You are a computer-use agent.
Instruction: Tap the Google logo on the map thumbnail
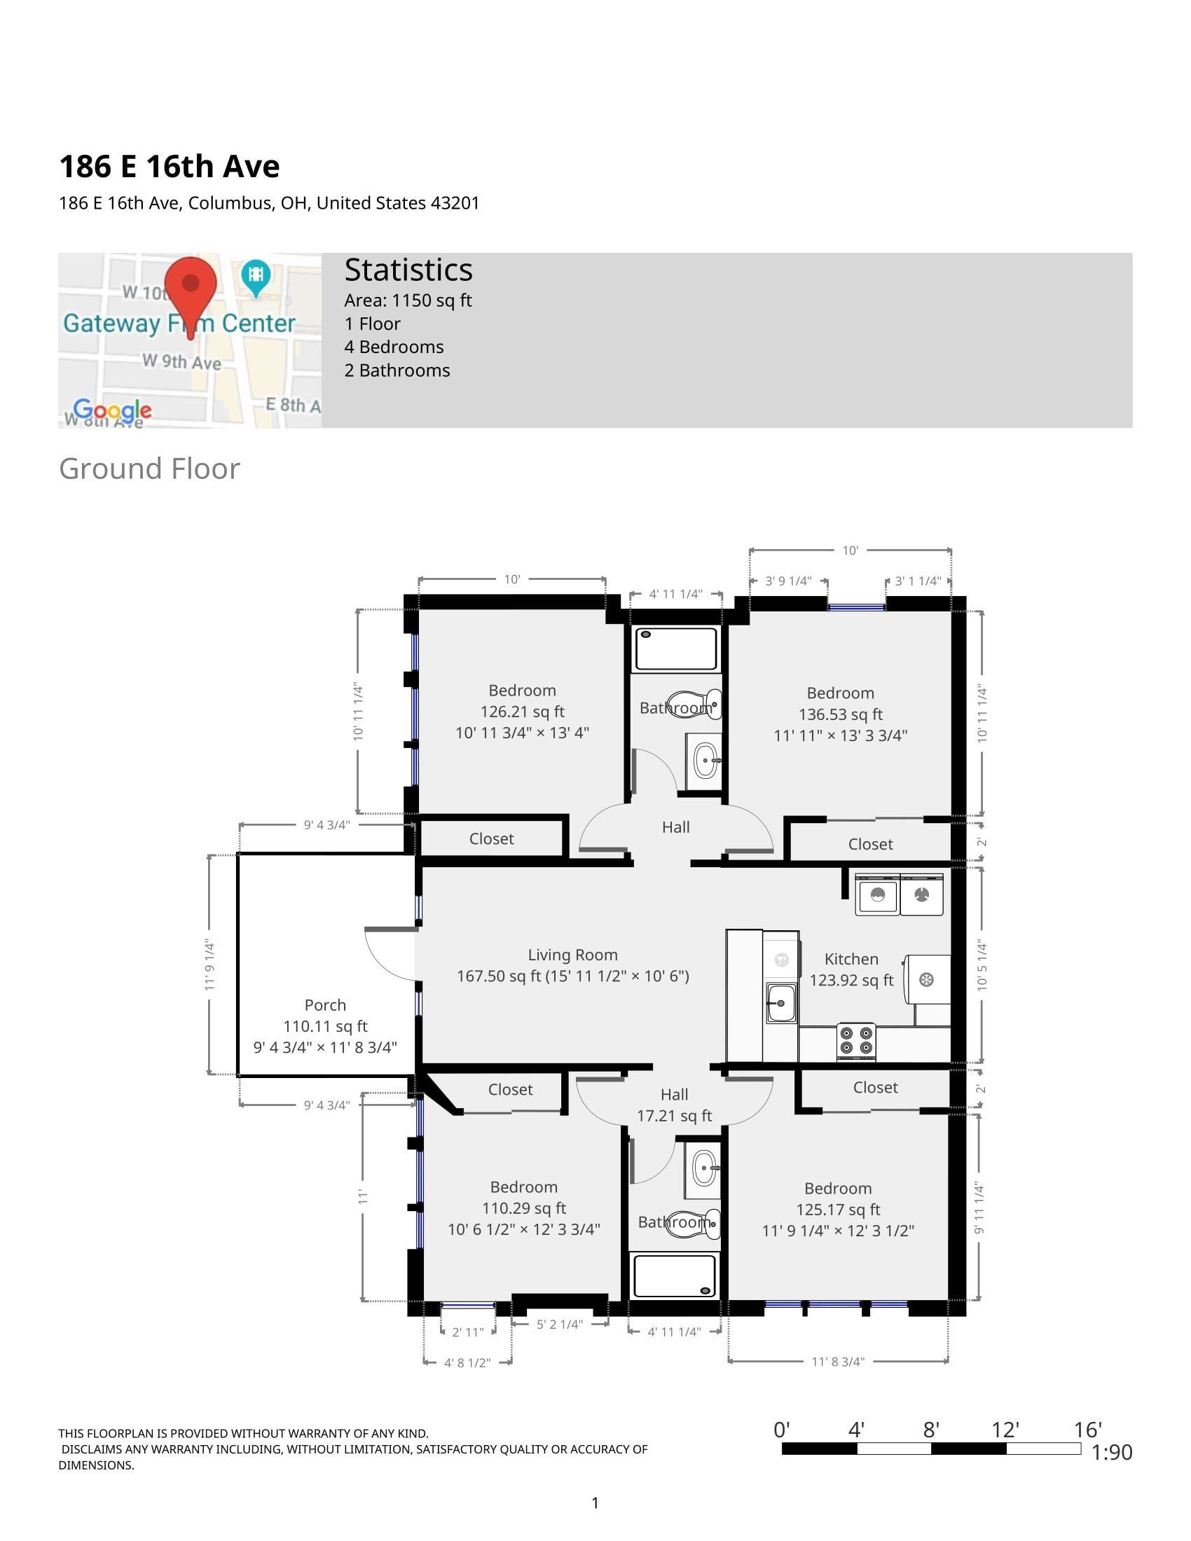(112, 410)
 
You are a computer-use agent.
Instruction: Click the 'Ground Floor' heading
(150, 469)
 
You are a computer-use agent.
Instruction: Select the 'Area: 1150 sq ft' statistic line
(408, 300)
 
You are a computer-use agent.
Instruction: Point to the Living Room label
(572, 955)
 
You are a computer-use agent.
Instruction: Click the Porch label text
(325, 1004)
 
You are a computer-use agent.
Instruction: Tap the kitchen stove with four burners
(856, 1042)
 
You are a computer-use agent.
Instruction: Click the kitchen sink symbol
(781, 1002)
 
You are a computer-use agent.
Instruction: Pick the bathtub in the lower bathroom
(675, 1276)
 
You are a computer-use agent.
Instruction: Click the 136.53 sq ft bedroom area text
(840, 714)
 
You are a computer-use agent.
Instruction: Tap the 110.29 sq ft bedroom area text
(523, 1208)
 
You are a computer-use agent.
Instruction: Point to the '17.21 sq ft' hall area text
(675, 1116)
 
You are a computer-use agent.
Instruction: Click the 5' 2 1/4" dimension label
(560, 1325)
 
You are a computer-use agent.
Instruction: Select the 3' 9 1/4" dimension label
(788, 581)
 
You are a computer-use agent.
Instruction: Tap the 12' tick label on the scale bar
(1005, 1430)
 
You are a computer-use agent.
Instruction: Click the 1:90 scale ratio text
(1111, 1452)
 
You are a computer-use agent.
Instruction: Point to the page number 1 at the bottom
(595, 1503)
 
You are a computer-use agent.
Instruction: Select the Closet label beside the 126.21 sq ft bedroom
(491, 839)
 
